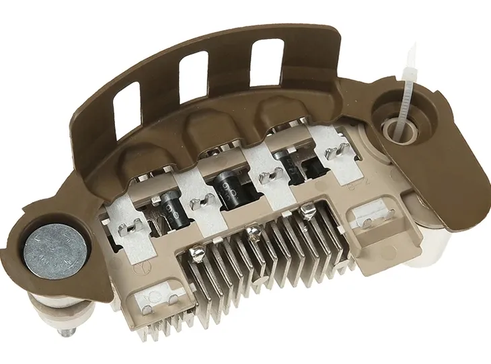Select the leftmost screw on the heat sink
[197, 254]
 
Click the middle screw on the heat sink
[252, 232]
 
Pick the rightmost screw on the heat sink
[309, 214]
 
